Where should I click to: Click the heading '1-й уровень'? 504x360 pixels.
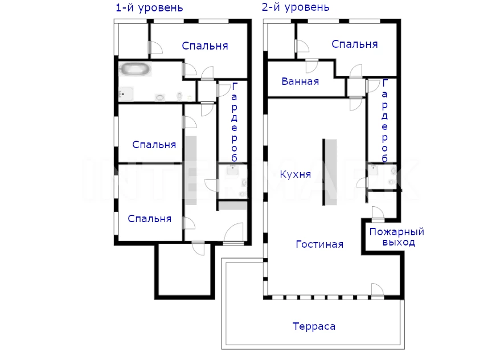pos(149,8)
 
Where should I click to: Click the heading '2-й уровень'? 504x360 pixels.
pos(296,7)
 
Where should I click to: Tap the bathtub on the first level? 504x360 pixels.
pos(135,69)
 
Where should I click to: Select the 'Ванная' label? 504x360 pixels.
pos(300,81)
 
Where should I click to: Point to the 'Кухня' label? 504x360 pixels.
pos(296,174)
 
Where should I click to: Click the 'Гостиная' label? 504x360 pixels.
pos(319,244)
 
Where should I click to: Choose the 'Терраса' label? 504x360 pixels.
pos(314,326)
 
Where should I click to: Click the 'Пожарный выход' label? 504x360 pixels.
pos(396,236)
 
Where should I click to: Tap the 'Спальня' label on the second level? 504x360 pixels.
pos(355,44)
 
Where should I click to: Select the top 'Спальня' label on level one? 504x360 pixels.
pos(205,46)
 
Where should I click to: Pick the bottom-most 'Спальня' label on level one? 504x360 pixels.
pos(149,219)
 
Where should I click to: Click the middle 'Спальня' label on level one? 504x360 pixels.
pos(154,145)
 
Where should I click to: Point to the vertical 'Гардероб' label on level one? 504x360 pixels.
pos(234,122)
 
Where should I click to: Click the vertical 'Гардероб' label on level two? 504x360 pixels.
pos(384,121)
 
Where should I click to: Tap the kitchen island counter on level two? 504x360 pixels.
pos(330,172)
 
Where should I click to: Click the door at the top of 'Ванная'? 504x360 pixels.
pos(312,66)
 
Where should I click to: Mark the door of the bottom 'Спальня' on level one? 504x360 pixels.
pos(189,223)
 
